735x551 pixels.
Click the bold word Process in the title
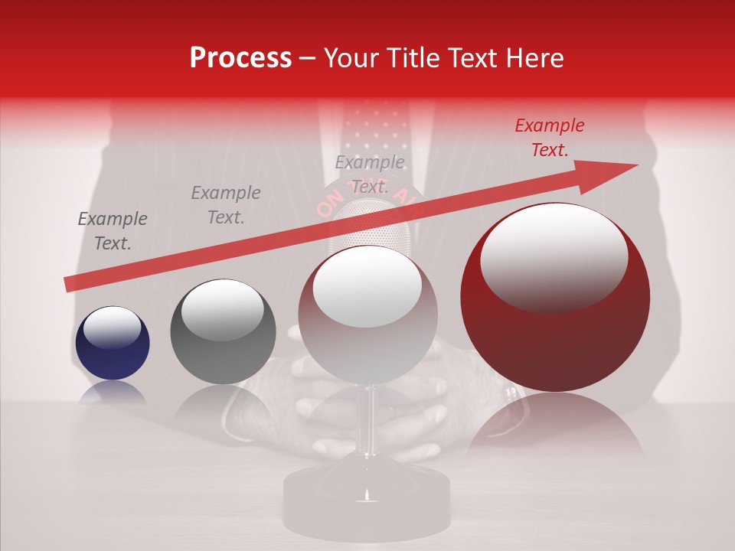point(240,58)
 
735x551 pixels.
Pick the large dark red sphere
point(555,306)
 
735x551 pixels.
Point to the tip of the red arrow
point(635,165)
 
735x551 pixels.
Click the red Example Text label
point(549,138)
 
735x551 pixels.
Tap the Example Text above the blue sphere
point(113,231)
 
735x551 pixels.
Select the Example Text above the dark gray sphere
point(225,205)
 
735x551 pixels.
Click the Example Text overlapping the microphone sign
point(370,174)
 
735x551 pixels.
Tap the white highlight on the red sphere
point(554,256)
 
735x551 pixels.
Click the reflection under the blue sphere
point(113,393)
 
